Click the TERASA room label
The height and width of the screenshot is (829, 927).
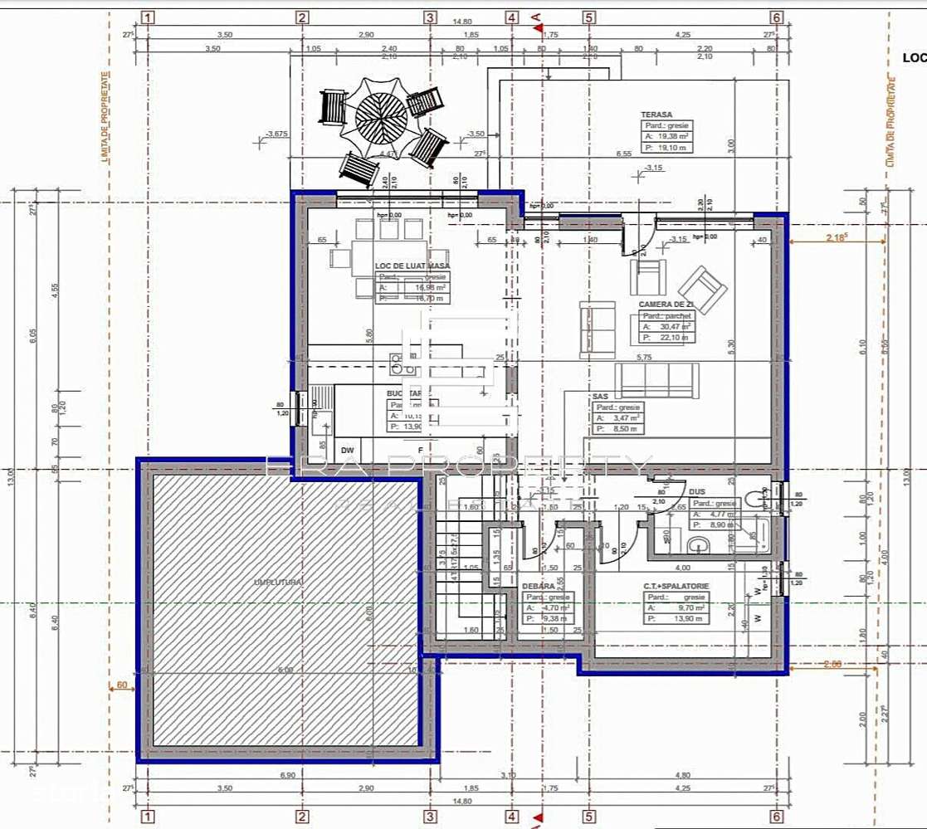656,115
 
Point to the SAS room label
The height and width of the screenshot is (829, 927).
601,397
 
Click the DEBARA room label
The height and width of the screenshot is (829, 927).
539,586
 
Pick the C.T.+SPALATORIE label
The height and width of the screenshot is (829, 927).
676,586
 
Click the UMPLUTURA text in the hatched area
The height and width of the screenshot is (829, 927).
278,583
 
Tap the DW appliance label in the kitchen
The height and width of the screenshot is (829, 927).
347,449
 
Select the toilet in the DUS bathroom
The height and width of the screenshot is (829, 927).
758,498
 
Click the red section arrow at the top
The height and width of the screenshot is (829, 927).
537,27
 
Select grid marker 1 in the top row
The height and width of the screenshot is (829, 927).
148,17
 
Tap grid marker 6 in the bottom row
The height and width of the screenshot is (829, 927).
777,817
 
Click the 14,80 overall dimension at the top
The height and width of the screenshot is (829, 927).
462,22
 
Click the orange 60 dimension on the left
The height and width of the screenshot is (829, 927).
122,685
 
